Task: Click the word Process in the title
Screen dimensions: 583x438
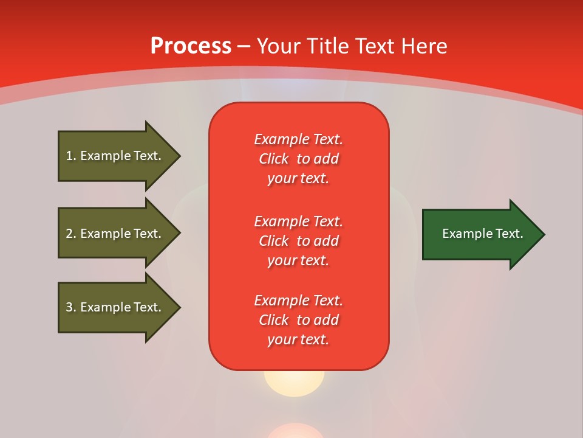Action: [191, 46]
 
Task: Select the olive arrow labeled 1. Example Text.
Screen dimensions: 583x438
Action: [120, 156]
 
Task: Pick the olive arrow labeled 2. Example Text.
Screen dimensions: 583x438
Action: [120, 233]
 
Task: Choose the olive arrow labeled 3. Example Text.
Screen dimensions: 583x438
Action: [120, 308]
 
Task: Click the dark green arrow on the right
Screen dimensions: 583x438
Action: [484, 234]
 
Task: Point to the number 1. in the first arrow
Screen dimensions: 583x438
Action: [71, 156]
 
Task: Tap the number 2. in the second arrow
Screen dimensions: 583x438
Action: [71, 234]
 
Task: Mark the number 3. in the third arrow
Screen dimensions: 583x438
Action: [71, 307]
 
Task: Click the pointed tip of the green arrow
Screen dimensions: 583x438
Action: [545, 234]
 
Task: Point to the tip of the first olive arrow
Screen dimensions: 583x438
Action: [181, 156]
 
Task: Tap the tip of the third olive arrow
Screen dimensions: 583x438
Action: [181, 308]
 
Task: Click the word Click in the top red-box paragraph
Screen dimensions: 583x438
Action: [274, 159]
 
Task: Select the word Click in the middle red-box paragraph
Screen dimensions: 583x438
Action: [274, 241]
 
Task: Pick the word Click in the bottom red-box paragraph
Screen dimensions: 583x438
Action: [274, 319]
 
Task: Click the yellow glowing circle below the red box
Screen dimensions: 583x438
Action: [294, 383]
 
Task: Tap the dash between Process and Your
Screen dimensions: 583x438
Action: [244, 47]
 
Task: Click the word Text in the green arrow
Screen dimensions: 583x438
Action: [510, 234]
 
